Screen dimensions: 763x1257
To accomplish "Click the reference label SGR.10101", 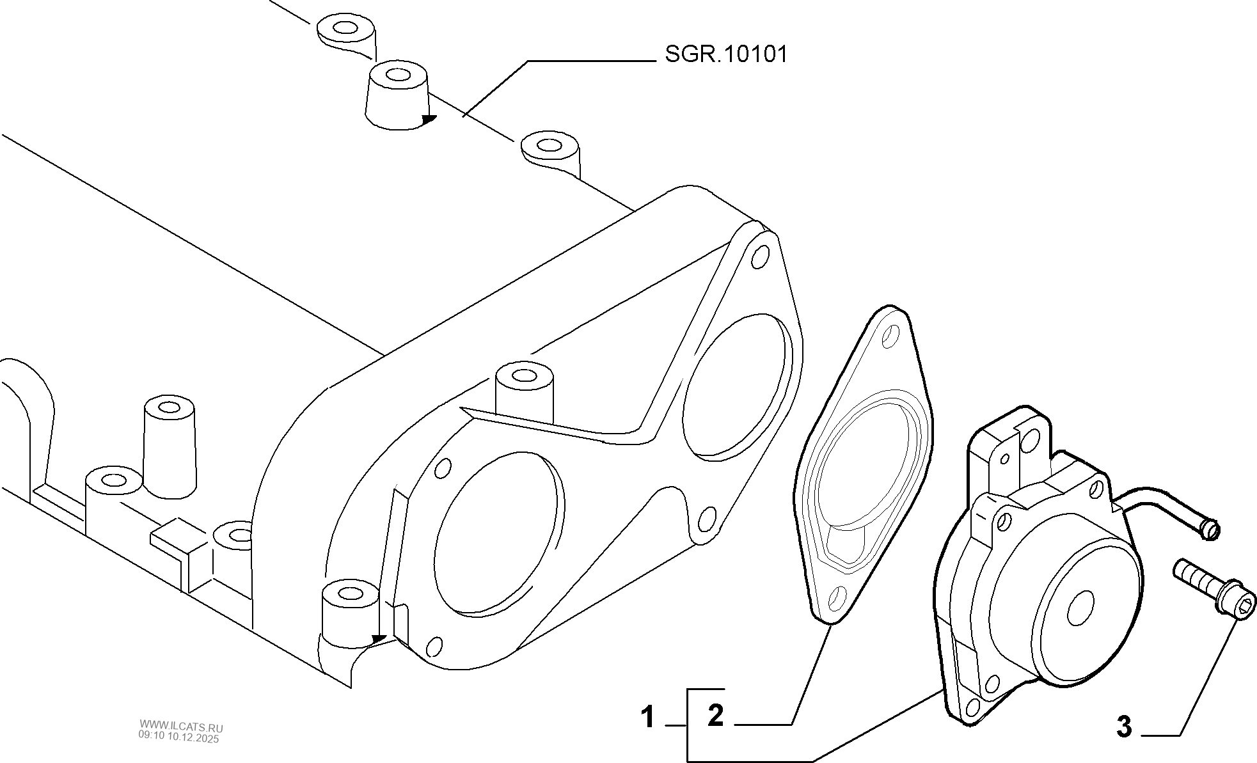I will click(x=725, y=55).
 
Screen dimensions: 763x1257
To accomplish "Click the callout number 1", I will click(x=649, y=717).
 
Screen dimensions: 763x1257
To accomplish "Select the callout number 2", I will click(x=715, y=714).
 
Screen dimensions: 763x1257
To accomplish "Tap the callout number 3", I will click(x=1124, y=727).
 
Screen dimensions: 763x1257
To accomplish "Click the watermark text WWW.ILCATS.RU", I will click(x=181, y=728).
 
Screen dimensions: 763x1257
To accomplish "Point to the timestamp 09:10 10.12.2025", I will click(x=179, y=738).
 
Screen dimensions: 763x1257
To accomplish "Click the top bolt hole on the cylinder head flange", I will click(x=759, y=258).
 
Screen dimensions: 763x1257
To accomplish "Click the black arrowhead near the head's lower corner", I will click(x=379, y=638).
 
